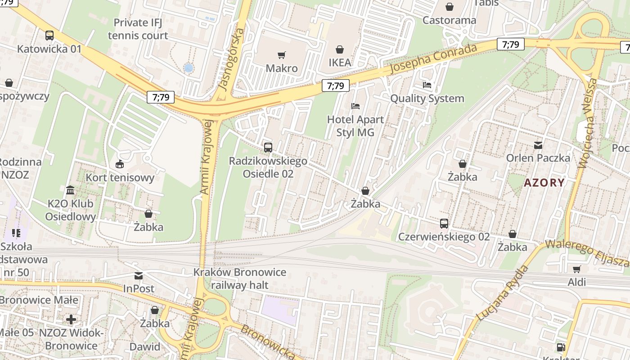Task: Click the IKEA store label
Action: (x=339, y=63)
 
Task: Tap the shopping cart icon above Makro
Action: (x=282, y=55)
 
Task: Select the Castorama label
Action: (x=449, y=20)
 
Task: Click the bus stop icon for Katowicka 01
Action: (x=49, y=36)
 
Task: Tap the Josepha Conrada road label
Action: (x=433, y=59)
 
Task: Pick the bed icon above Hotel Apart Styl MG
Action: (x=355, y=106)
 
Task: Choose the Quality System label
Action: (x=427, y=98)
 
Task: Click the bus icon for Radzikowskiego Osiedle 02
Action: (x=268, y=148)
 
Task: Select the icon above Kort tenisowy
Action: (x=120, y=164)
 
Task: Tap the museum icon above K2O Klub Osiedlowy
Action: (x=70, y=190)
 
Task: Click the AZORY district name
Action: (x=544, y=183)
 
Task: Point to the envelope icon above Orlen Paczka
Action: (x=538, y=145)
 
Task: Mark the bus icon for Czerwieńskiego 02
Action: (x=444, y=223)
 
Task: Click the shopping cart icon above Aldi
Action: (x=576, y=269)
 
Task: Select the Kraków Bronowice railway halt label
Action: (x=239, y=279)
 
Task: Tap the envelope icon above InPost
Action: (x=139, y=275)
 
